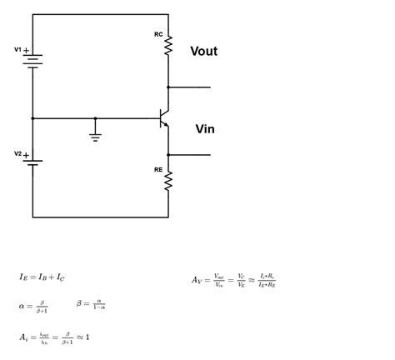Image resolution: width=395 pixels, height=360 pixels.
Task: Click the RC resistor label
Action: click(158, 34)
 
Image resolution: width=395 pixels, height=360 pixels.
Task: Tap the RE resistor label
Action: click(158, 169)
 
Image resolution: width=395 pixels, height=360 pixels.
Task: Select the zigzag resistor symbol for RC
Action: click(168, 47)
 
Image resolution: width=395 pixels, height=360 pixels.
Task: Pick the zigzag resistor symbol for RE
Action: click(168, 181)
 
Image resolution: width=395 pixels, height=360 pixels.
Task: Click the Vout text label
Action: click(203, 52)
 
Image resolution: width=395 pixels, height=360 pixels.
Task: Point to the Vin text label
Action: click(205, 129)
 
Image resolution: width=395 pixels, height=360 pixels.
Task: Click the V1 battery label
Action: click(17, 50)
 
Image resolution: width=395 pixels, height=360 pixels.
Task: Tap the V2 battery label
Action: click(17, 153)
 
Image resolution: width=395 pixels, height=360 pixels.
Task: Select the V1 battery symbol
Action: click(33, 60)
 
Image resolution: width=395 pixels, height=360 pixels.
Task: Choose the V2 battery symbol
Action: click(33, 162)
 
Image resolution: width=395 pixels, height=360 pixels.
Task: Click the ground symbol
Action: click(95, 136)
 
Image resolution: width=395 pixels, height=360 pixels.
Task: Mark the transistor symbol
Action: click(164, 119)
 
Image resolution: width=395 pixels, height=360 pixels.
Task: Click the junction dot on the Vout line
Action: click(168, 87)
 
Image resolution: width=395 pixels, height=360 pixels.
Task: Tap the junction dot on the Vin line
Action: click(168, 155)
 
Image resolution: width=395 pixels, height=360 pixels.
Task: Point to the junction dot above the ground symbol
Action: click(95, 118)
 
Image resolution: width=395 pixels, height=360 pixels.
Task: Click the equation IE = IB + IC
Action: click(42, 277)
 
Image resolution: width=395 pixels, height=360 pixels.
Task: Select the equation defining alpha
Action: click(33, 306)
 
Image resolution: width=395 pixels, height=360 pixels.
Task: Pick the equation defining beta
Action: click(91, 304)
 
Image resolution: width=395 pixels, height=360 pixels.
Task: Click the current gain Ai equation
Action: click(53, 337)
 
